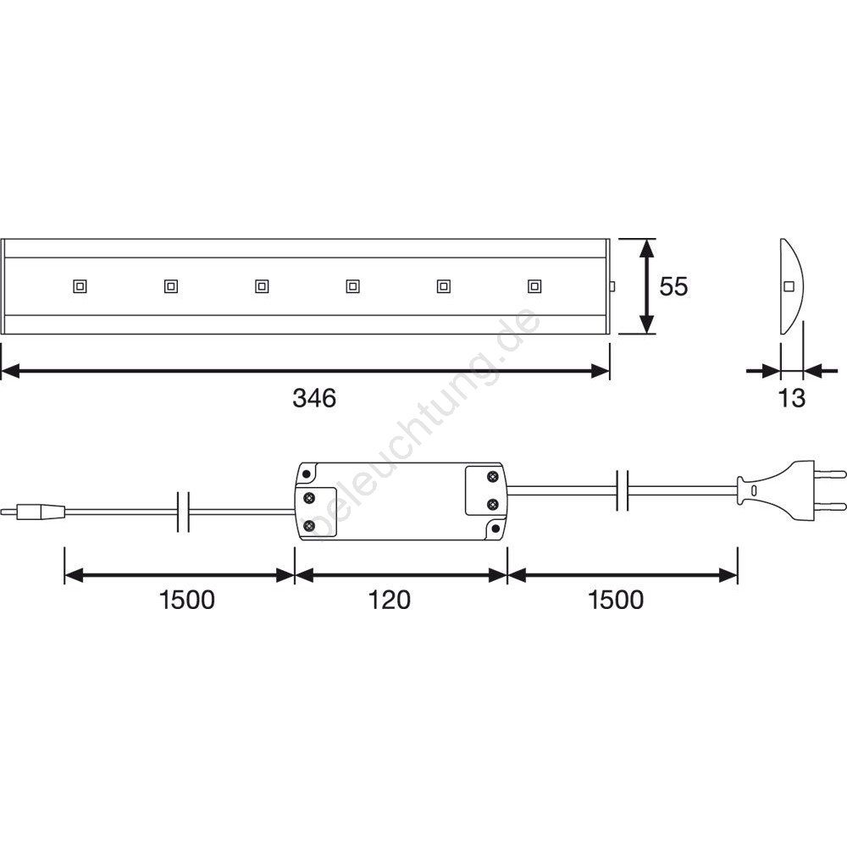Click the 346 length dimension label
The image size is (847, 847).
(x=314, y=398)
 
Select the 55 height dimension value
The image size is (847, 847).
(x=673, y=286)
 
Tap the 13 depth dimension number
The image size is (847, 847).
(x=791, y=398)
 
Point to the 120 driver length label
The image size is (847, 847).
(x=389, y=601)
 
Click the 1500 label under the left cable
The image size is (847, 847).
(x=187, y=601)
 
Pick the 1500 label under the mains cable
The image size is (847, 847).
(x=616, y=601)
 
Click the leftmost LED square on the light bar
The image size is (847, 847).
(x=80, y=285)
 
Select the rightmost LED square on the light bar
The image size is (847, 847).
(x=534, y=285)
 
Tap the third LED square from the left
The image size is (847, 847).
(x=262, y=285)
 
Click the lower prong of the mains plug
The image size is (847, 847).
(x=830, y=507)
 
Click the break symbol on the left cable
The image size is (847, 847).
(x=184, y=512)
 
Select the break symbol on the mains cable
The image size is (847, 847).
(x=623, y=490)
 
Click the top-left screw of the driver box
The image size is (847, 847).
(x=307, y=474)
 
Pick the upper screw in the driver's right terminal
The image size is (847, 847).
(x=492, y=476)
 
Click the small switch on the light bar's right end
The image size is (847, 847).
(x=612, y=286)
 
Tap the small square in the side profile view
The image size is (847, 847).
(x=789, y=286)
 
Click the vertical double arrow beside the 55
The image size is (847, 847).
(x=646, y=286)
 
